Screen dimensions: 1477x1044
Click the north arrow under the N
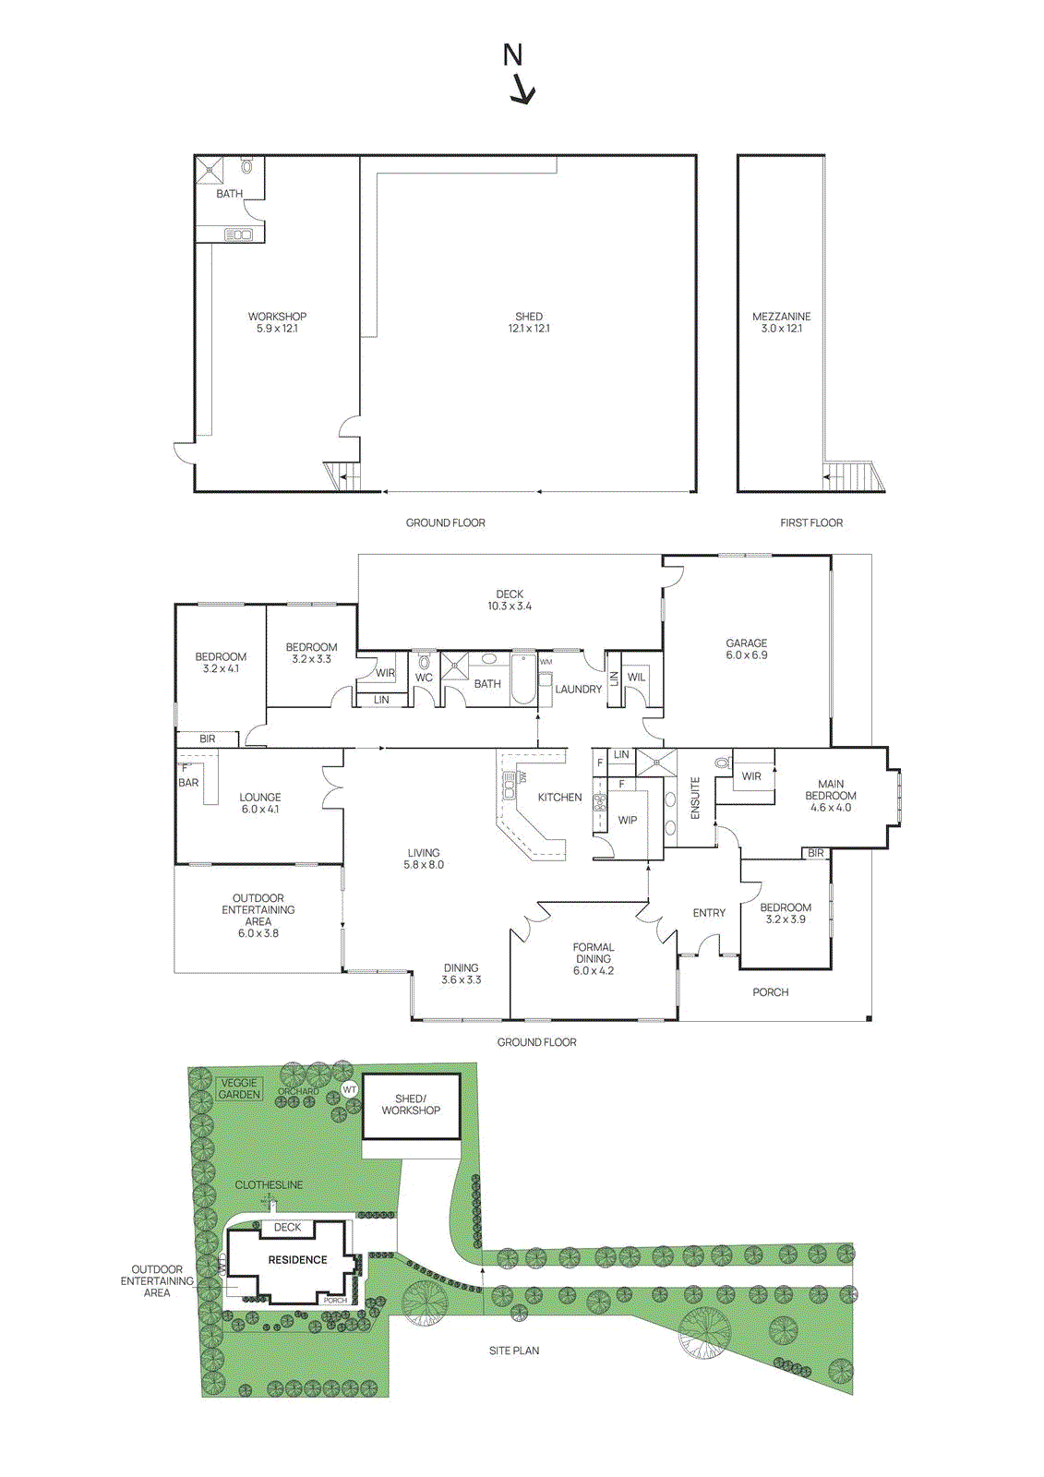pyautogui.click(x=523, y=90)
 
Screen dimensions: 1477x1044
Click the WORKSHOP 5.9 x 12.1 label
pyautogui.click(x=277, y=322)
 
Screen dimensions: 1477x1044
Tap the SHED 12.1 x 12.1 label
pyautogui.click(x=529, y=322)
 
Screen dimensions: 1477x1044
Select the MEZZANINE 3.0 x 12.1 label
pyautogui.click(x=781, y=322)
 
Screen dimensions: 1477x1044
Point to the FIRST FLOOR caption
pyautogui.click(x=811, y=522)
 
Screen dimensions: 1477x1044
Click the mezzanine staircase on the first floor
pyautogui.click(x=854, y=477)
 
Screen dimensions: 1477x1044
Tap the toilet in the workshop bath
pyautogui.click(x=247, y=167)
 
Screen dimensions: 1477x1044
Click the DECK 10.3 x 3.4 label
pyautogui.click(x=510, y=600)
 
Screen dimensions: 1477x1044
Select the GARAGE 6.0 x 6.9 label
pyautogui.click(x=746, y=649)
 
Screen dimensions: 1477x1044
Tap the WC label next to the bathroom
pyautogui.click(x=424, y=678)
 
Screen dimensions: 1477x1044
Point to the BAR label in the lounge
pyautogui.click(x=188, y=783)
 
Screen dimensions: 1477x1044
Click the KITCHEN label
pyautogui.click(x=559, y=798)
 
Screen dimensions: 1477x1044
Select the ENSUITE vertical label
pyautogui.click(x=696, y=798)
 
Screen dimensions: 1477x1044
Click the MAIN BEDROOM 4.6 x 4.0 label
pyautogui.click(x=831, y=796)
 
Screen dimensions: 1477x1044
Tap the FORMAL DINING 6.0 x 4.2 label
pyautogui.click(x=593, y=959)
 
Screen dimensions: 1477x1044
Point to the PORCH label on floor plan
pyautogui.click(x=770, y=992)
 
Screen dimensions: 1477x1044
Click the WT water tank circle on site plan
pyautogui.click(x=350, y=1089)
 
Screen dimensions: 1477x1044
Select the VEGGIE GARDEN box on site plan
pyautogui.click(x=239, y=1088)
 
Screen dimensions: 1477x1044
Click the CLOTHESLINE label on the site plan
pyautogui.click(x=269, y=1184)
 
